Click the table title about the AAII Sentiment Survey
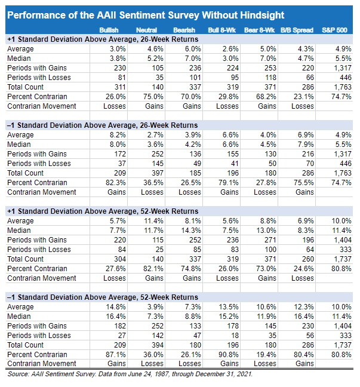[146, 15]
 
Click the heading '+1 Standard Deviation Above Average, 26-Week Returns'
[102, 39]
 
